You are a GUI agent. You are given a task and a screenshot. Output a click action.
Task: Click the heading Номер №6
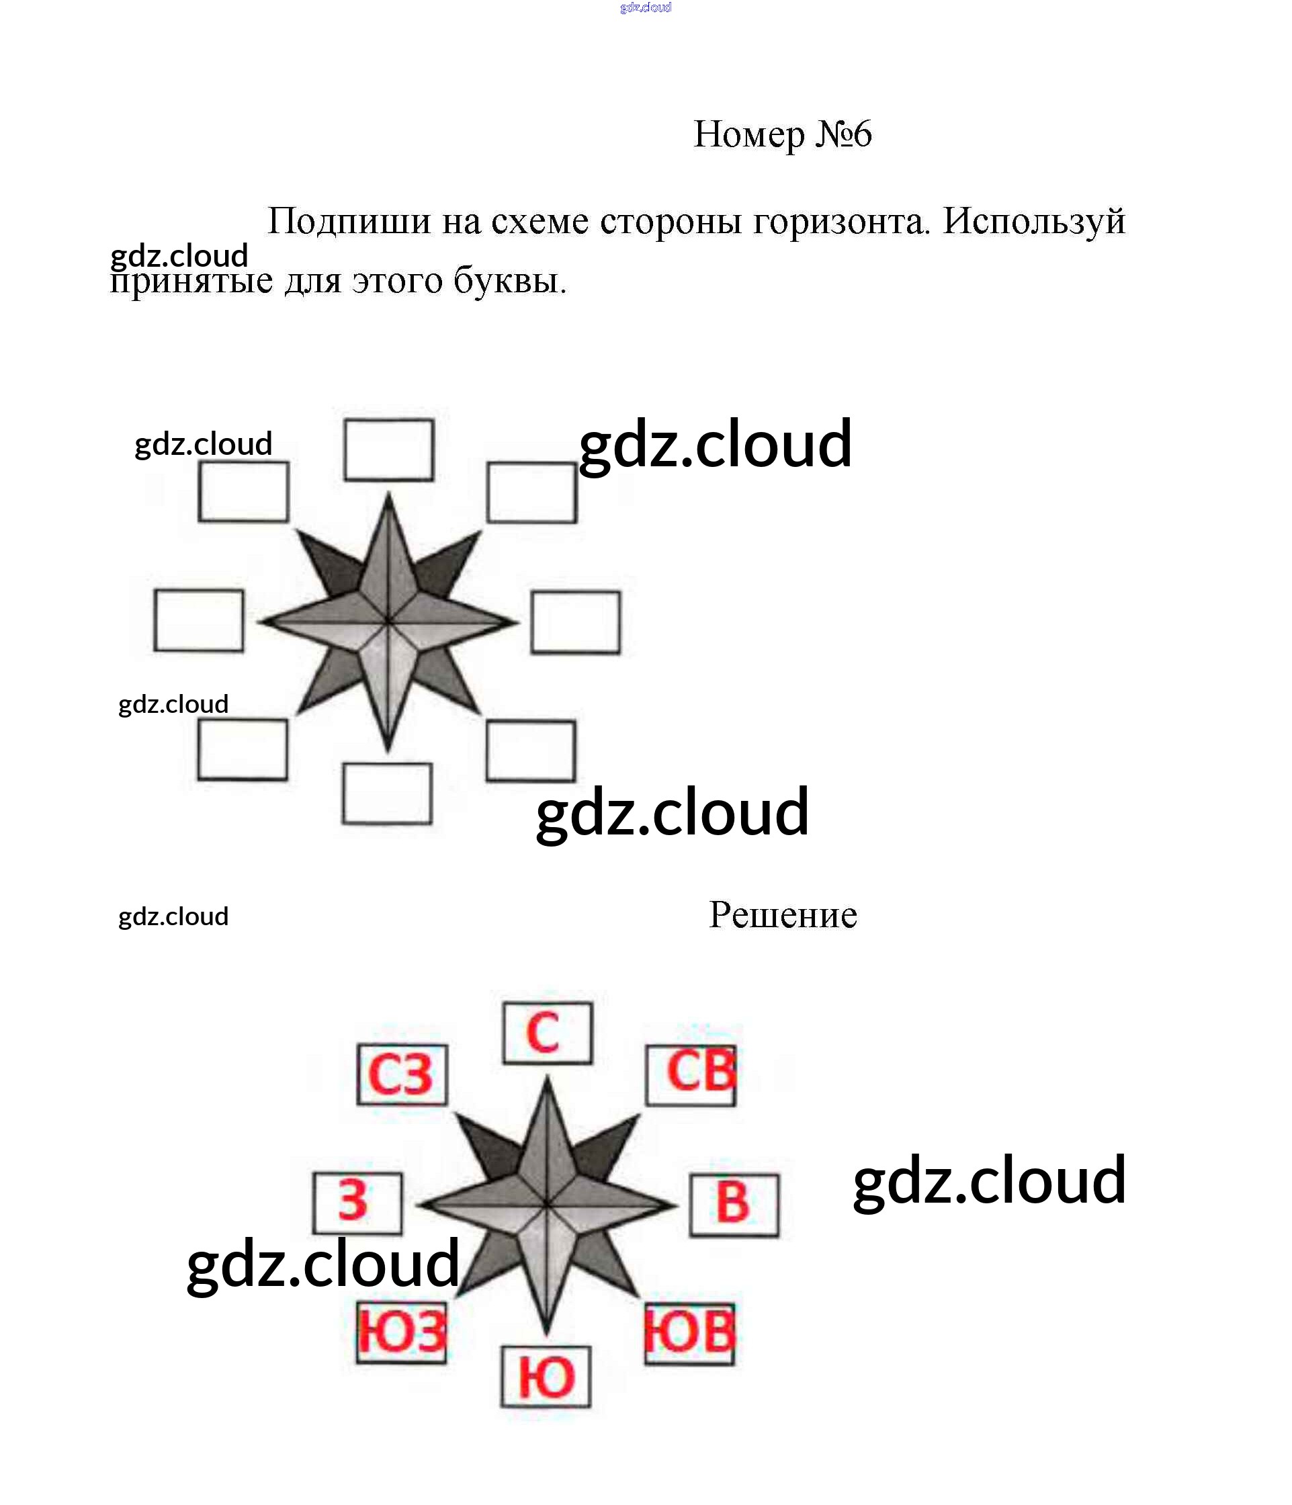[782, 134]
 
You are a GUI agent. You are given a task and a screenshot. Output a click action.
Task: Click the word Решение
[783, 914]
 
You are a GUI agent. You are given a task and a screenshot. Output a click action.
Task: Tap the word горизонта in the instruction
[842, 222]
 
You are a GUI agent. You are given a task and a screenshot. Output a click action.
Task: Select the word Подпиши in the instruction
[349, 221]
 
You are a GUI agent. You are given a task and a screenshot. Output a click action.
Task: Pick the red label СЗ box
[402, 1075]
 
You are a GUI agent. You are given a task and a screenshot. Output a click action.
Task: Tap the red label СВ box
[691, 1076]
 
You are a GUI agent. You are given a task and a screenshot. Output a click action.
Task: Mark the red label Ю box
[546, 1377]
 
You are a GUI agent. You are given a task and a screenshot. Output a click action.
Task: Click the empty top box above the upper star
[389, 449]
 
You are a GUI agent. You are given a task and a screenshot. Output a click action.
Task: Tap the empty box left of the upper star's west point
[199, 620]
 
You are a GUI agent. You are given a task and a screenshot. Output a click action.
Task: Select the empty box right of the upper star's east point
[576, 622]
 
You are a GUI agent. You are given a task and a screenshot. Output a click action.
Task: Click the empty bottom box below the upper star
[388, 793]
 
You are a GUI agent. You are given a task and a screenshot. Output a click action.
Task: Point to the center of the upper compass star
[388, 621]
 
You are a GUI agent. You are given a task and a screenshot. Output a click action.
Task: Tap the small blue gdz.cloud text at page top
[646, 7]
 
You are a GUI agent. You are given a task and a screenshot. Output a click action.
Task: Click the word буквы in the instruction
[510, 280]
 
